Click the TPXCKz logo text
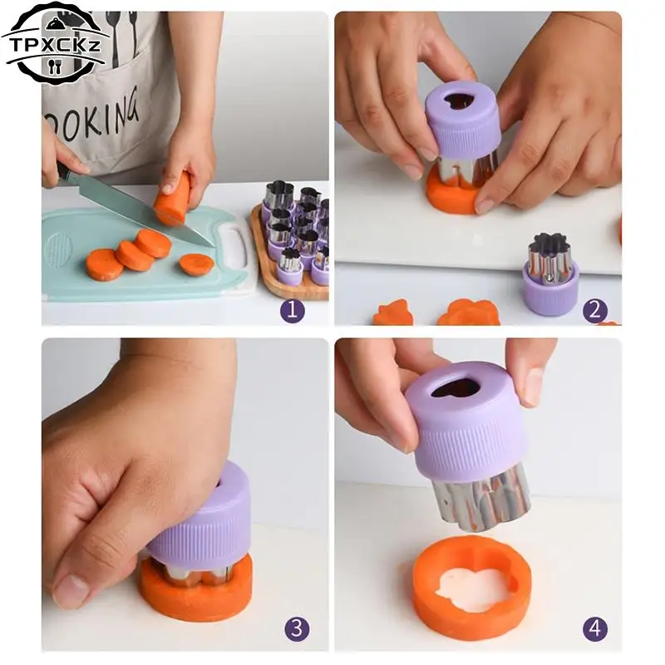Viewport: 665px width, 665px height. [x=55, y=45]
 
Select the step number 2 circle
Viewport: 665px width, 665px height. [x=594, y=310]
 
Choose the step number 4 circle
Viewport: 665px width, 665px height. [x=595, y=628]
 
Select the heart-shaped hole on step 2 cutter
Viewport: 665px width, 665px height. [x=458, y=101]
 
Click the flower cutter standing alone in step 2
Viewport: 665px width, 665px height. [x=550, y=273]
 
